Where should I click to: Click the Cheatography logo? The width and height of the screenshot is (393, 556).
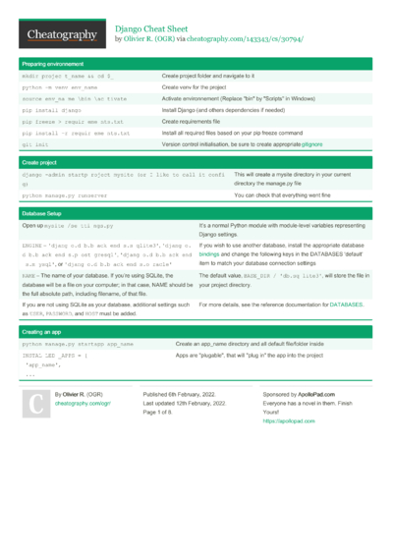pos(61,34)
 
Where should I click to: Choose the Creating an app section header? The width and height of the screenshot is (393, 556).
pos(46,333)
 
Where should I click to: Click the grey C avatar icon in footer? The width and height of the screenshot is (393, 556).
pos(36,404)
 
